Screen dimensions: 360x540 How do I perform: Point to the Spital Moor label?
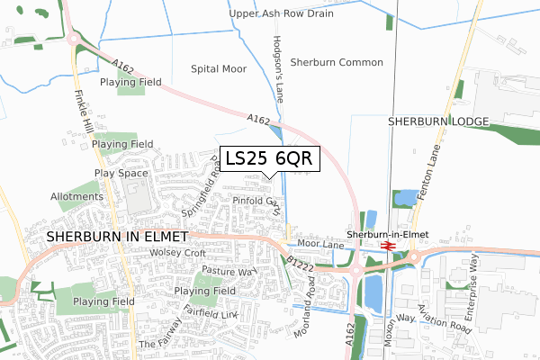[x=219, y=68]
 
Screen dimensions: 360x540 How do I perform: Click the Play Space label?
[x=120, y=173]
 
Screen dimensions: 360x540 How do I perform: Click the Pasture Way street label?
[x=229, y=270]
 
